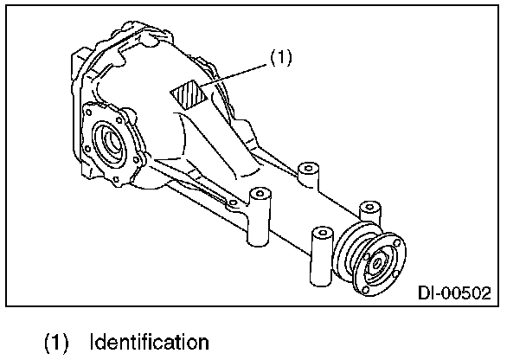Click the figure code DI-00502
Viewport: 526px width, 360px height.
[x=455, y=293]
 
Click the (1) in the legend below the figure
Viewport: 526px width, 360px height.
[x=58, y=341]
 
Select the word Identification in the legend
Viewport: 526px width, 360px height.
[x=149, y=341]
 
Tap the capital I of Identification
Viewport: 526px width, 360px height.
[x=93, y=341]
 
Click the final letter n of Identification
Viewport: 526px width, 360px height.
[x=202, y=341]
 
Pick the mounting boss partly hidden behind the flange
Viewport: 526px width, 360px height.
[x=369, y=213]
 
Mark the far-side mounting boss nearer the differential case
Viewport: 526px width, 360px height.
[x=305, y=172]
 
